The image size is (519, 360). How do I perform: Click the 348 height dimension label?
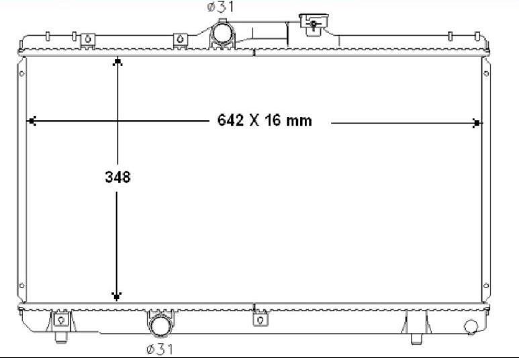click(118, 177)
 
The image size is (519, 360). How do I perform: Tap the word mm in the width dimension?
click(299, 121)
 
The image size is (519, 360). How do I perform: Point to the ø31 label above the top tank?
click(220, 7)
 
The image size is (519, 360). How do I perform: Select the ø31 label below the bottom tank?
click(160, 349)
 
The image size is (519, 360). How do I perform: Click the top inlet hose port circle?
click(222, 32)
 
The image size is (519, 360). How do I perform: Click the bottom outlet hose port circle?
click(161, 326)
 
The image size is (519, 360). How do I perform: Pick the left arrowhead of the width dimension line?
click(32, 121)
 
